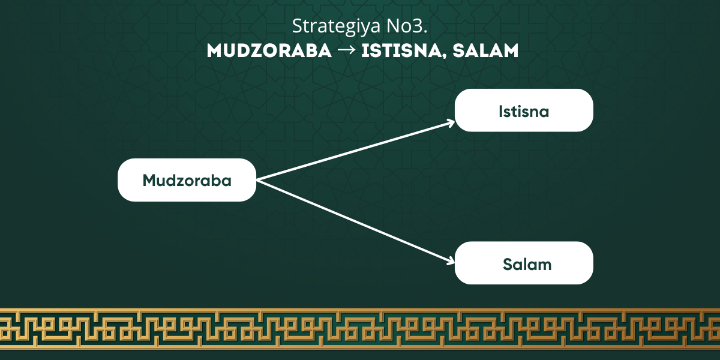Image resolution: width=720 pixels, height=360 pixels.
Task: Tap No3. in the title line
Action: point(407,26)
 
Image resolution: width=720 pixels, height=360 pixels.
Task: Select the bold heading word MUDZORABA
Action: point(269,51)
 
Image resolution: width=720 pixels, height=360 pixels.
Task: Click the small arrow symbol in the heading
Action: point(347,50)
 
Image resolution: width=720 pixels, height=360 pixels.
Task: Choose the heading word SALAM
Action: point(485,51)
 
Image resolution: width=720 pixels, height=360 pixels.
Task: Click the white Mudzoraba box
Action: point(187,180)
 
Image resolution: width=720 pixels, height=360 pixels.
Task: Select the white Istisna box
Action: point(524,110)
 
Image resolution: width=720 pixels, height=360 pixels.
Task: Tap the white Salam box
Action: point(524,263)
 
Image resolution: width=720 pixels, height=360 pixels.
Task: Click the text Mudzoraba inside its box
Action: point(187,181)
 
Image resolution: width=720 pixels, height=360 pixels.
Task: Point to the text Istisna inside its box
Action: point(524,112)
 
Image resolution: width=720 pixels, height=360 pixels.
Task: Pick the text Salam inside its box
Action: point(527,265)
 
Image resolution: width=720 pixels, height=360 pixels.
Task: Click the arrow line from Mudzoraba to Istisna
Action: point(355,151)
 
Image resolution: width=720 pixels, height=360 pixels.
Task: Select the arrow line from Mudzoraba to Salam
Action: point(355,221)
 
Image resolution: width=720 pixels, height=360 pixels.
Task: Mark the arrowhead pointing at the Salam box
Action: point(451,261)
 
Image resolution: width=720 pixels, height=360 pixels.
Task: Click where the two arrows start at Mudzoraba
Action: point(257,181)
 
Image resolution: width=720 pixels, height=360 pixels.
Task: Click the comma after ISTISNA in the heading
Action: point(445,56)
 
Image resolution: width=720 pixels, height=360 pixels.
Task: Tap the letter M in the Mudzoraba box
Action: point(150,181)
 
